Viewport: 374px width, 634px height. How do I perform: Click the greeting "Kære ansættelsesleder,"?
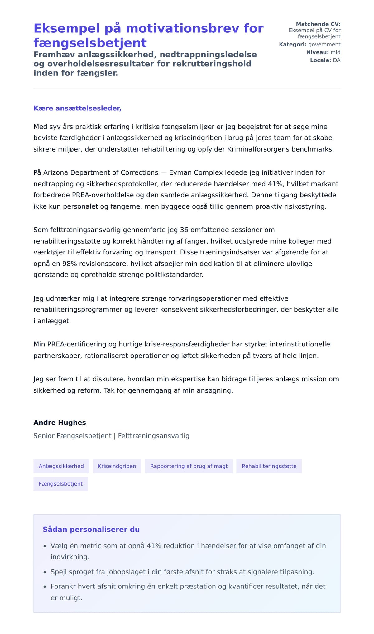pyautogui.click(x=77, y=108)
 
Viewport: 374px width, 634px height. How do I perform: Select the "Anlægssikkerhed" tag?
pyautogui.click(x=61, y=466)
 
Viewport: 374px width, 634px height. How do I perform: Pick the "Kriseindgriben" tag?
pyautogui.click(x=117, y=466)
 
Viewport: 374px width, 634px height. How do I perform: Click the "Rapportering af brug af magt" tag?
pyautogui.click(x=189, y=466)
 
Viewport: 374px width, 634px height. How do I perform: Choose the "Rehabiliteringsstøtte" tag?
pyautogui.click(x=269, y=466)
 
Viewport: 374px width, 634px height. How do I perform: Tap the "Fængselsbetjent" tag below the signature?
pyautogui.click(x=60, y=484)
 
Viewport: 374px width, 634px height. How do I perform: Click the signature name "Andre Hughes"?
pyautogui.click(x=60, y=423)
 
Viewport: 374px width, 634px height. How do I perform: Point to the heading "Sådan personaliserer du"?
pyautogui.click(x=91, y=530)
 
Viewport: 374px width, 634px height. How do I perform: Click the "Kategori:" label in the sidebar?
pyautogui.click(x=293, y=45)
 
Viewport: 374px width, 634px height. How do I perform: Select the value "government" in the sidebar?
pyautogui.click(x=324, y=45)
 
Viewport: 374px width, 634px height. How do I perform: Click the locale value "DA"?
pyautogui.click(x=337, y=60)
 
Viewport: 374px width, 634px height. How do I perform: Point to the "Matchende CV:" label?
pyautogui.click(x=318, y=24)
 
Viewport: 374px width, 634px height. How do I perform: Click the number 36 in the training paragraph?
pyautogui.click(x=184, y=230)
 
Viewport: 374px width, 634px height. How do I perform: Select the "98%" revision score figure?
pyautogui.click(x=70, y=264)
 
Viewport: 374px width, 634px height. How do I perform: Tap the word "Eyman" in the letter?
pyautogui.click(x=179, y=172)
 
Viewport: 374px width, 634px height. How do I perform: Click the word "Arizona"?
pyautogui.click(x=55, y=172)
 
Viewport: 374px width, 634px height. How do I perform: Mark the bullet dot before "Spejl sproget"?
pyautogui.click(x=45, y=572)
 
